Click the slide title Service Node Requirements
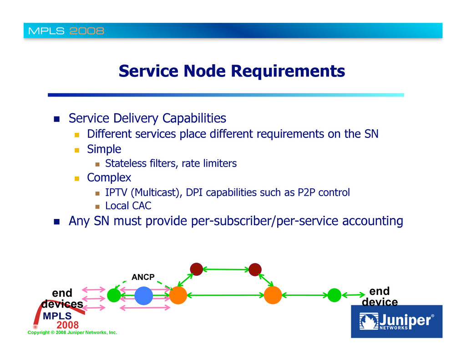point(232,71)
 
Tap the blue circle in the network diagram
point(143,295)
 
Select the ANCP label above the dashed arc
point(143,277)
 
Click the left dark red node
point(196,269)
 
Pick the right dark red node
point(255,269)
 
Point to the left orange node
point(178,295)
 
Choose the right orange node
point(273,295)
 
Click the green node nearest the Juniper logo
point(334,295)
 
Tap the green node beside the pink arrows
point(114,295)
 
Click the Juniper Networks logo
point(396,321)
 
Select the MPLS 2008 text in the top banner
point(66,31)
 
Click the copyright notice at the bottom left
point(72,333)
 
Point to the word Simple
point(104,149)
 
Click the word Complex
point(109,177)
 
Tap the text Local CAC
point(128,206)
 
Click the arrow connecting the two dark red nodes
point(225,269)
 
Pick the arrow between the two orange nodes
point(225,295)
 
